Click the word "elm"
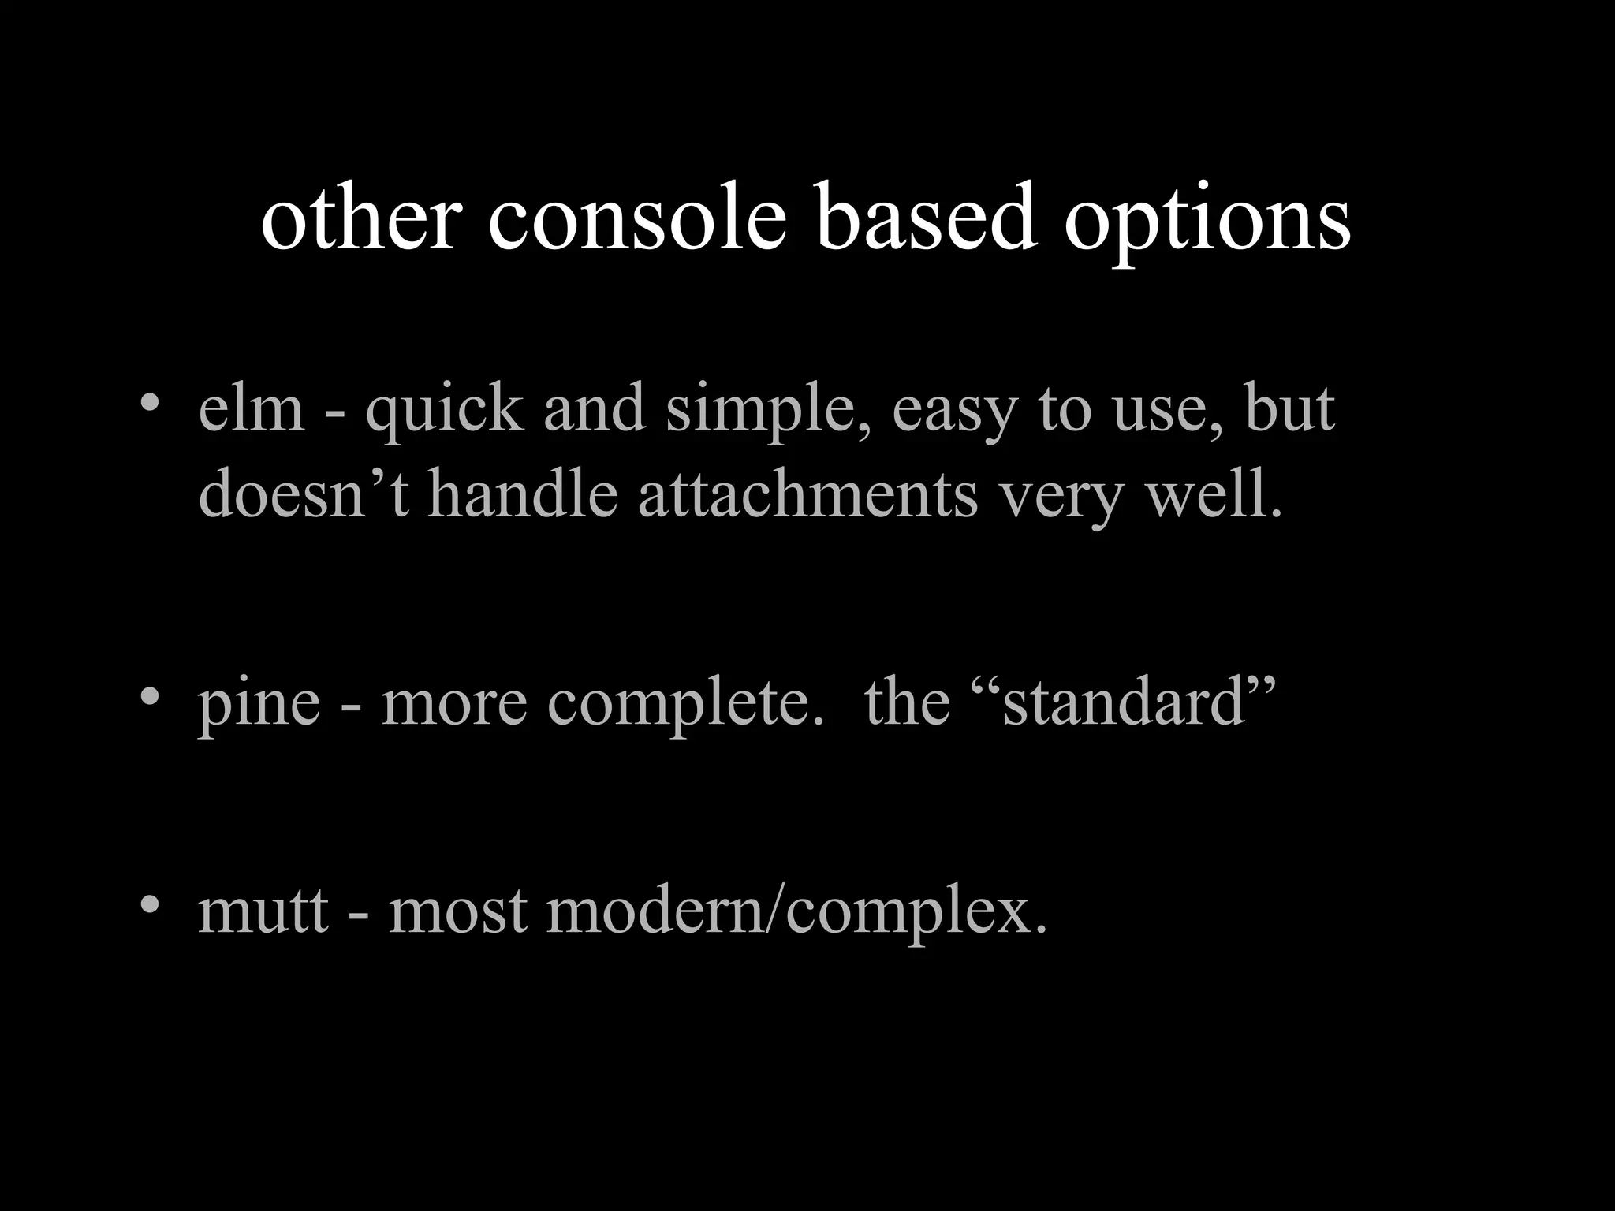point(251,410)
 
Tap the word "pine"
point(259,705)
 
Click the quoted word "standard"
point(1124,702)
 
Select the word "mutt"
point(263,911)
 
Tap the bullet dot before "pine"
point(149,695)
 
